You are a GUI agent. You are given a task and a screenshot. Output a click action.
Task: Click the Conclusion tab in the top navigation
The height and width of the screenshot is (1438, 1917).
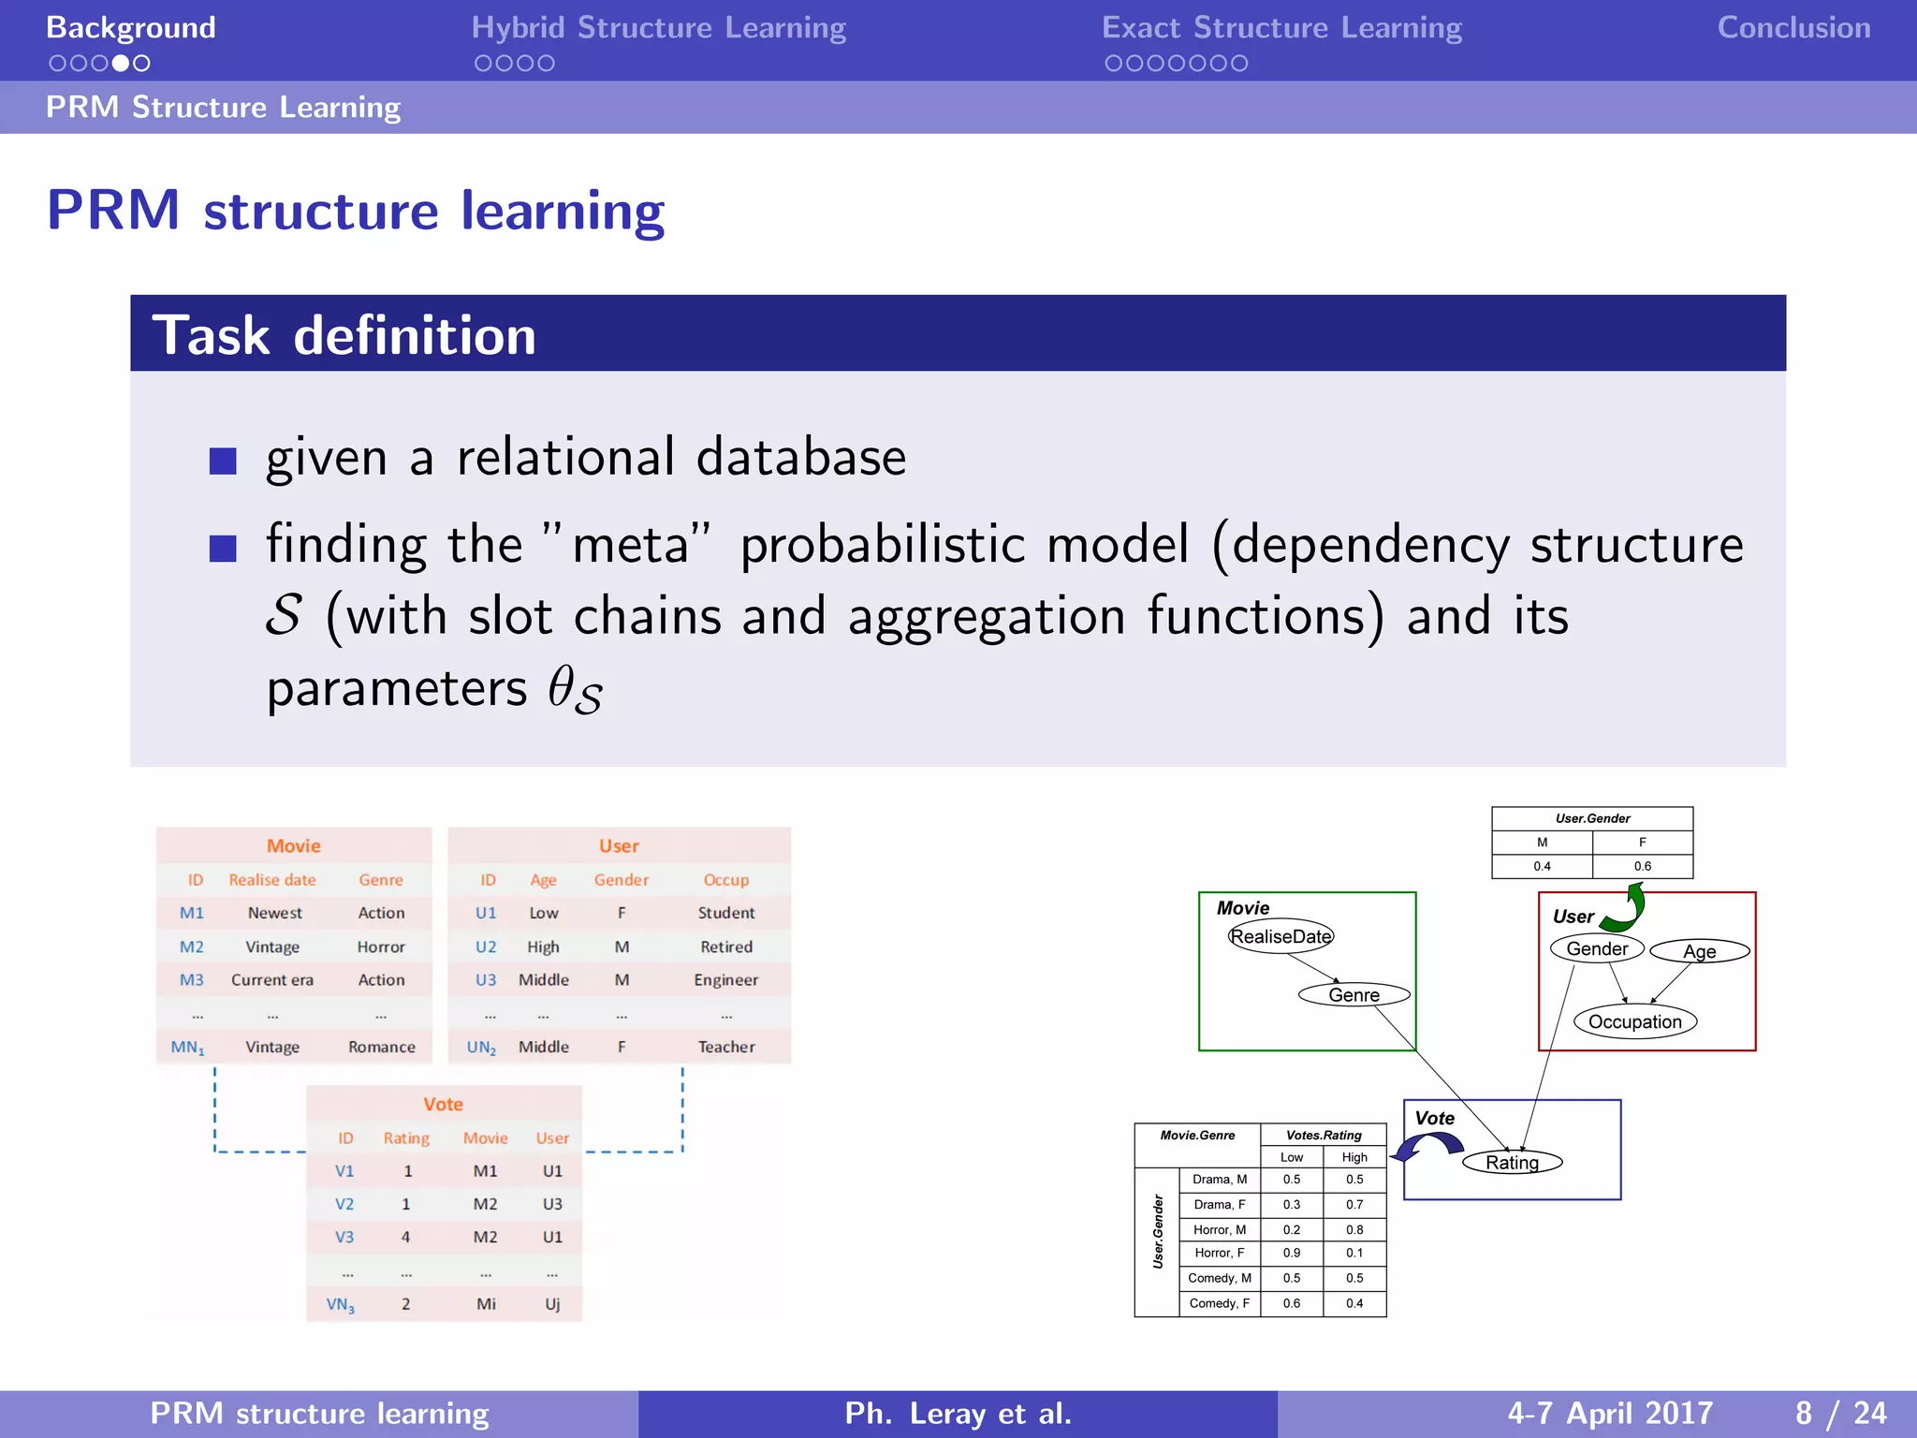click(1793, 28)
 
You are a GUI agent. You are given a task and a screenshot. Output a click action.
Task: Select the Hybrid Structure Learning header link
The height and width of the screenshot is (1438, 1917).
click(658, 28)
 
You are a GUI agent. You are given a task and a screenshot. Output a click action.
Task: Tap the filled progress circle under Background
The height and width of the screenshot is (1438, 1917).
click(121, 64)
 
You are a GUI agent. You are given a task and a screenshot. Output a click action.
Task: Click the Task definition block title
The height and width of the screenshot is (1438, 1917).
click(344, 335)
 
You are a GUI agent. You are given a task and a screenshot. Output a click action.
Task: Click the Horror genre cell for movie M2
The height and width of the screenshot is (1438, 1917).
click(381, 946)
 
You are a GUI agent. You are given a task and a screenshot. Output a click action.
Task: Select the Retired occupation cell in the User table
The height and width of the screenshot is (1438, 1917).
click(726, 946)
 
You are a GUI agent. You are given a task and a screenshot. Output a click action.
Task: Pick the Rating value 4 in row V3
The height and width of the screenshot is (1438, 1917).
click(405, 1237)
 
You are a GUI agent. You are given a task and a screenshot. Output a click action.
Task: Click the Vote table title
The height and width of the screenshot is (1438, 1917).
click(443, 1104)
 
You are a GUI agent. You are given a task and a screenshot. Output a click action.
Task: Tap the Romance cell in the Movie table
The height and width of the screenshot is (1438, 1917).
click(381, 1047)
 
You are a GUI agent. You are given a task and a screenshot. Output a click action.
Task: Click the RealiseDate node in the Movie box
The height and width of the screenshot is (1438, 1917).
click(1280, 936)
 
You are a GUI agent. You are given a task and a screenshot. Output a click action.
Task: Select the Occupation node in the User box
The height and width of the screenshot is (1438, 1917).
click(1634, 1021)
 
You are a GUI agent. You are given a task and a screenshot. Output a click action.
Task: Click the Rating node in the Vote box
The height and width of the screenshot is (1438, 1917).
click(1512, 1162)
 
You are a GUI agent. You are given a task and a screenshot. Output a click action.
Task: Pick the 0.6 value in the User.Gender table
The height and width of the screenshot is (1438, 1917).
click(1642, 866)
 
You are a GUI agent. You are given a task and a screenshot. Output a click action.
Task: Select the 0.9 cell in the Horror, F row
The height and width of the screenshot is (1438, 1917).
click(1291, 1253)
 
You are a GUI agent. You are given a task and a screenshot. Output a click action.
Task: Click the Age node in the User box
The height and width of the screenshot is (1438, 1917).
click(1699, 951)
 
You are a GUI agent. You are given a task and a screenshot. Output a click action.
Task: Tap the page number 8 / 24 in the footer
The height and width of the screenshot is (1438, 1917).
click(1840, 1413)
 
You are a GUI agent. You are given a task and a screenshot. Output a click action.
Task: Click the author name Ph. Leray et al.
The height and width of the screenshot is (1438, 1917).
click(958, 1413)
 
